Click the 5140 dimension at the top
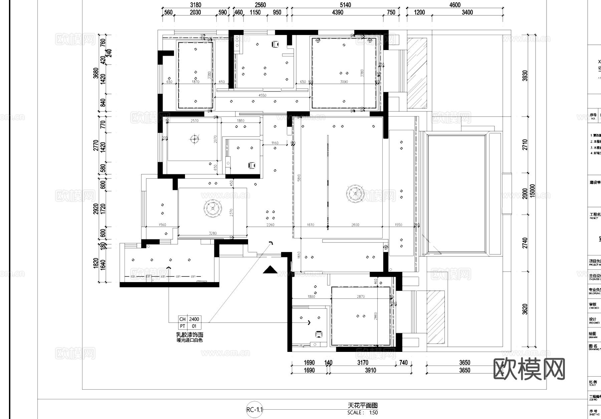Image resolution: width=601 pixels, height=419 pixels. [345, 5]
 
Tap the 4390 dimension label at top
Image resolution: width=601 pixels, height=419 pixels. [338, 12]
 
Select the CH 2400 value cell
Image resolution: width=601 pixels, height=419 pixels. [194, 319]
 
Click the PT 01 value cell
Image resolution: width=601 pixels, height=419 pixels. [194, 326]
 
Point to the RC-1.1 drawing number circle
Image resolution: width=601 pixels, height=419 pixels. [254, 410]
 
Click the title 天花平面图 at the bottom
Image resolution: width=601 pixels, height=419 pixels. [363, 405]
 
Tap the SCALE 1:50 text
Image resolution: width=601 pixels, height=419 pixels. [363, 413]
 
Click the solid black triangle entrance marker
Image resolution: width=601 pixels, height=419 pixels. [270, 270]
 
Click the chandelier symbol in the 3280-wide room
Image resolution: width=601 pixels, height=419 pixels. [212, 208]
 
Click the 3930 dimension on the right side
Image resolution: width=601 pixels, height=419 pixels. [525, 76]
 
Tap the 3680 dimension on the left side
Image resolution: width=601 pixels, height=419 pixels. [96, 73]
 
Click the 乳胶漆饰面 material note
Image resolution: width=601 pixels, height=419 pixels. [190, 335]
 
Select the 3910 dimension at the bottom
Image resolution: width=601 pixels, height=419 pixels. [370, 370]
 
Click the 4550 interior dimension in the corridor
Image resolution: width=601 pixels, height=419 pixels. [262, 95]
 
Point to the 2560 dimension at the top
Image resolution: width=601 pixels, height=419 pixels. [260, 5]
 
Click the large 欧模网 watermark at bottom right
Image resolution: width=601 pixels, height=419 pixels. [529, 369]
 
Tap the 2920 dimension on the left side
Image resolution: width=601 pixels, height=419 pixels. [96, 209]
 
